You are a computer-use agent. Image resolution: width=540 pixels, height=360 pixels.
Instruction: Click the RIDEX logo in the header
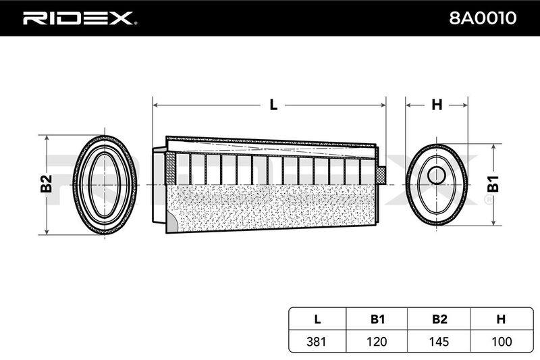(80, 18)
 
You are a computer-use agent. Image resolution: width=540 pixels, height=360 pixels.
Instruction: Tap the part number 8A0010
(483, 18)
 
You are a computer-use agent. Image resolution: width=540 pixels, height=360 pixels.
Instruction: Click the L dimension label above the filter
(273, 105)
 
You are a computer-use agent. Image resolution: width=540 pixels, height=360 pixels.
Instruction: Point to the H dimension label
(437, 105)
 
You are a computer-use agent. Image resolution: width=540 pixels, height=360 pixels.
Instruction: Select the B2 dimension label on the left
(46, 184)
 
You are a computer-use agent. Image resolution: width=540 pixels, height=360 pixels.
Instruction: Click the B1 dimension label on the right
(493, 184)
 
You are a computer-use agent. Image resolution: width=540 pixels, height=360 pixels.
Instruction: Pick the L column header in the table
(317, 319)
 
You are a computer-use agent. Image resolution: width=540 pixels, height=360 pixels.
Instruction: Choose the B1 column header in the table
(377, 319)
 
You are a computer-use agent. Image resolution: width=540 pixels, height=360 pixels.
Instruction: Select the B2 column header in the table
(439, 319)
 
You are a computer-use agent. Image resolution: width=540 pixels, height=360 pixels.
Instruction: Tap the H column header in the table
(501, 319)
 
